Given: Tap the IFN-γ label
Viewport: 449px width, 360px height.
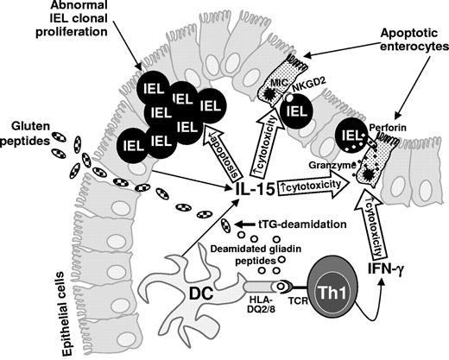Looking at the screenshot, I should click(383, 272).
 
